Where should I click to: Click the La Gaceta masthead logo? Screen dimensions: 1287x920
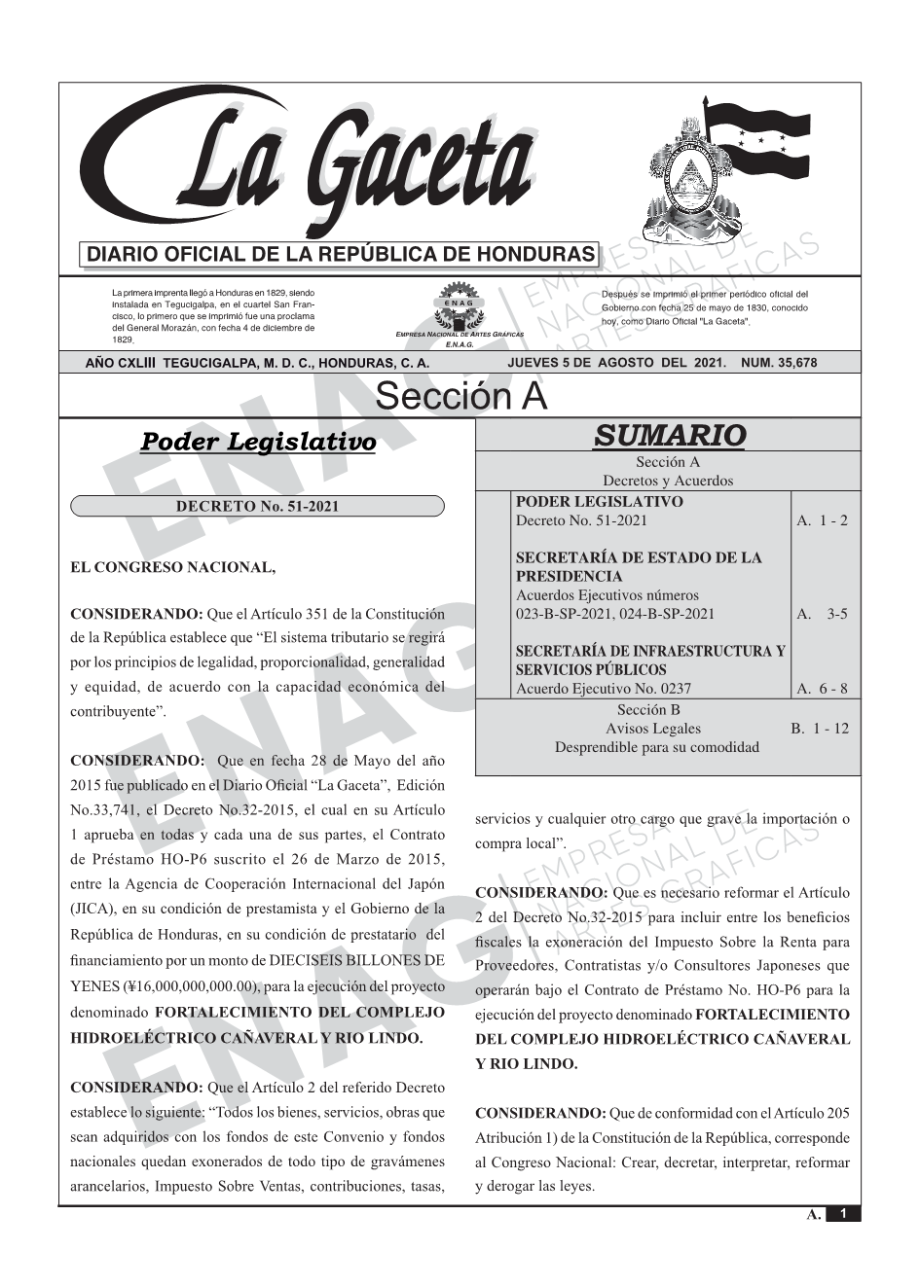[312, 161]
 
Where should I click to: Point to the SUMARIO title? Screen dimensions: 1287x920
[669, 435]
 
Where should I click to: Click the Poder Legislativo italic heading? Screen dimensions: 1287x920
[258, 442]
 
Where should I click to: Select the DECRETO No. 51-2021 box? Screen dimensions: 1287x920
[257, 506]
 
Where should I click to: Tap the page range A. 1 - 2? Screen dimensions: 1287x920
[822, 520]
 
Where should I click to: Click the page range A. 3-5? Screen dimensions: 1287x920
[822, 614]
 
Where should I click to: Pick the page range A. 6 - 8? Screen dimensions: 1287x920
[822, 689]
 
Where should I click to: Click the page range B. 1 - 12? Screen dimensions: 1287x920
[820, 729]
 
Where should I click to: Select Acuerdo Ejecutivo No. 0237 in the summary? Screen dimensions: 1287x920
[604, 689]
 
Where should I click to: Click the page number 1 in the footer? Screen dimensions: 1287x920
[843, 1214]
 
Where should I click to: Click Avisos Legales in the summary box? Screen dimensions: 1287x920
[653, 729]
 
